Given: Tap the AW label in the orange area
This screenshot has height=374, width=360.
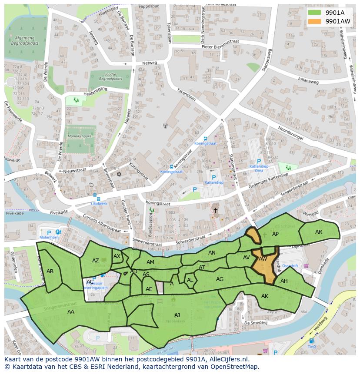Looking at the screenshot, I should click(x=263, y=259).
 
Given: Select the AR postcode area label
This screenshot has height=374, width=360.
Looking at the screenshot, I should click(x=319, y=232).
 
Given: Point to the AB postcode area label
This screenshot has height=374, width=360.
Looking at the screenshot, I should click(x=50, y=271).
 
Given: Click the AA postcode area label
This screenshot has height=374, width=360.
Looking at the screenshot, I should click(x=71, y=311).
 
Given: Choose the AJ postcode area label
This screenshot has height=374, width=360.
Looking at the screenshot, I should click(x=177, y=315).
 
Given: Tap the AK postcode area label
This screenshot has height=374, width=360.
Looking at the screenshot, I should click(x=265, y=296).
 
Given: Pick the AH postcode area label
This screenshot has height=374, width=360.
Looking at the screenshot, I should click(x=284, y=281).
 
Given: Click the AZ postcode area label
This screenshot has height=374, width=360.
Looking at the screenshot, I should click(x=96, y=261).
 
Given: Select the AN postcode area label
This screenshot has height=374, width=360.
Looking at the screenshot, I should click(x=212, y=253).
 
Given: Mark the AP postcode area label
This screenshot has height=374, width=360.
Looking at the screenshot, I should click(x=275, y=234).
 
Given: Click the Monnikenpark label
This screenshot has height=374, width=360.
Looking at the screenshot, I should click(x=79, y=136).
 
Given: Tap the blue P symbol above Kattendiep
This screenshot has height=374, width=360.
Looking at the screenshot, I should click(x=213, y=177).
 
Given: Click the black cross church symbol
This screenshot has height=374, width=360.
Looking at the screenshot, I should click(x=215, y=210).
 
